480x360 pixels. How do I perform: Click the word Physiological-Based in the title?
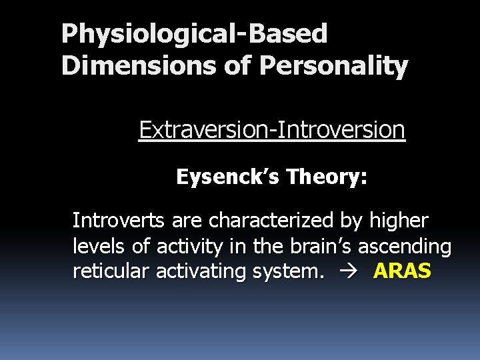[x=194, y=34]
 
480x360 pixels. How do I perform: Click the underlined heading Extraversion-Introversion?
[x=271, y=129]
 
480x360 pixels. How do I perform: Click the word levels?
[x=99, y=246]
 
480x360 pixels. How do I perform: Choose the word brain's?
[x=318, y=246]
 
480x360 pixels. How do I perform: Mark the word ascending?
[x=405, y=246]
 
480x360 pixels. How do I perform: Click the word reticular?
[x=107, y=272]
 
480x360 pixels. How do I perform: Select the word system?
[x=281, y=272]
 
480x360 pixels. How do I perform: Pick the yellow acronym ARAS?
[x=402, y=272]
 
